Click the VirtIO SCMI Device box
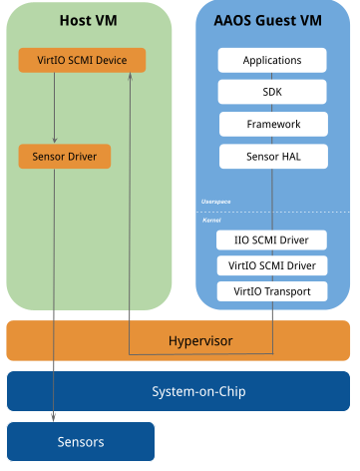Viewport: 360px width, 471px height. (82, 61)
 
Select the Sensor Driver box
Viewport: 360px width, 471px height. (64, 157)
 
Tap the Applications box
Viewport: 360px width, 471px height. (272, 61)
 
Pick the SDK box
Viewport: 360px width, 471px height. (272, 92)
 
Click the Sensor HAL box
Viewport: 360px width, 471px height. (272, 157)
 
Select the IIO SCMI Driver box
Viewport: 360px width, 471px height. (272, 240)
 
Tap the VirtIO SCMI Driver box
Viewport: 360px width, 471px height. (272, 265)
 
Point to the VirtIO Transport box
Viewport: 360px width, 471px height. (272, 291)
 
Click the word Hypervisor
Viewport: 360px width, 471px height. (198, 341)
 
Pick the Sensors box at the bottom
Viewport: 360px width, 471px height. (81, 441)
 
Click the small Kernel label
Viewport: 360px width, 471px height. (211, 219)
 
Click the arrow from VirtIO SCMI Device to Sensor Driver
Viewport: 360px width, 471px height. (54, 108)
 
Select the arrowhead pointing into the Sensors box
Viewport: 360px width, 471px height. (54, 417)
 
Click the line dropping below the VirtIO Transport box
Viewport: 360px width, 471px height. (272, 324)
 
